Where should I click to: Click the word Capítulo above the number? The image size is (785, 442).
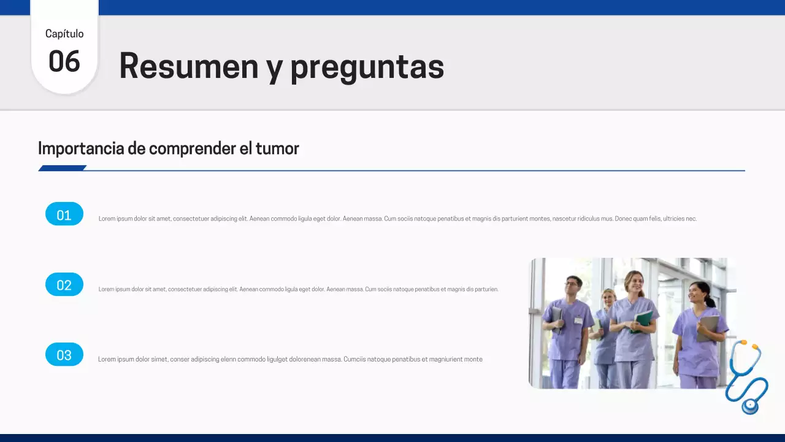pyautogui.click(x=64, y=34)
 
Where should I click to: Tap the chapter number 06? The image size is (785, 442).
pyautogui.click(x=64, y=61)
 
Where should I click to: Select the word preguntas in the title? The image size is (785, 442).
pyautogui.click(x=367, y=68)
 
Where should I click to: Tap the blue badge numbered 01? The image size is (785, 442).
pyautogui.click(x=64, y=214)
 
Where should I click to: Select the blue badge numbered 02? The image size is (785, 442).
pyautogui.click(x=64, y=284)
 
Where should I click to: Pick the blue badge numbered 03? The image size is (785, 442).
pyautogui.click(x=64, y=354)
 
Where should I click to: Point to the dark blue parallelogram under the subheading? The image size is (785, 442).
pyautogui.click(x=62, y=168)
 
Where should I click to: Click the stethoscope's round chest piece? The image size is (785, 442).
pyautogui.click(x=749, y=405)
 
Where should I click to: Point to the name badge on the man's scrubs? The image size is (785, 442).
pyautogui.click(x=578, y=320)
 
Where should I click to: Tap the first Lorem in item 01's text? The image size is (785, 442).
pyautogui.click(x=106, y=219)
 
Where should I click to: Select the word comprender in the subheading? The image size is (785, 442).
pyautogui.click(x=184, y=149)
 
